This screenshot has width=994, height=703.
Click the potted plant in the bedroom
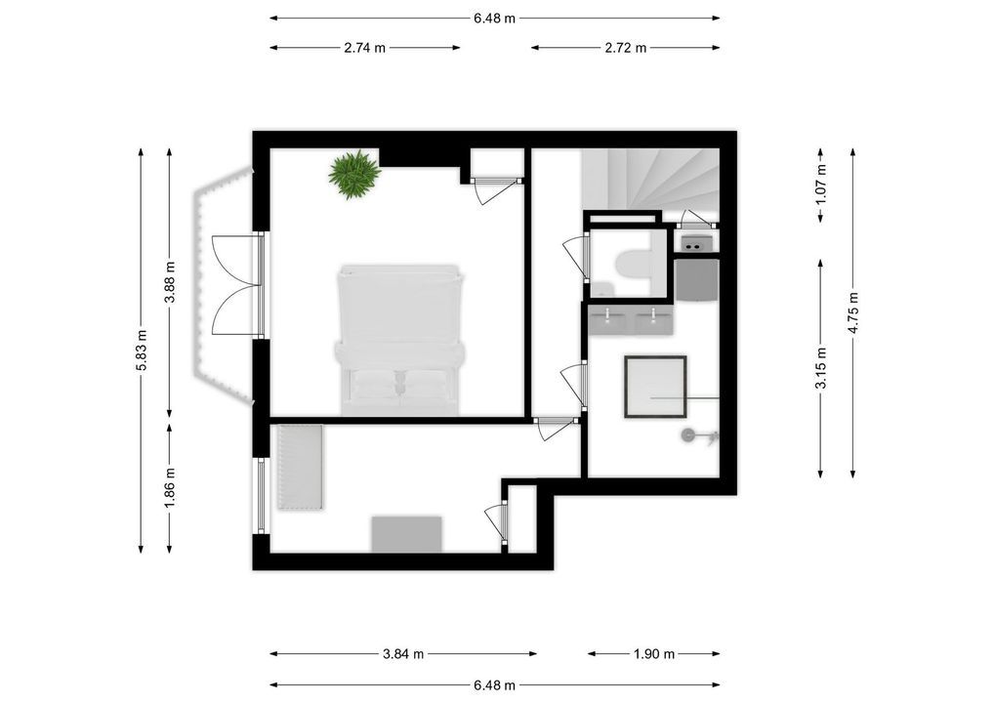353,174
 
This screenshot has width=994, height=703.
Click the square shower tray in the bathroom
654,387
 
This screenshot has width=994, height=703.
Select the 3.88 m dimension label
170,283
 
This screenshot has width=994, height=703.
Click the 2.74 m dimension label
365,47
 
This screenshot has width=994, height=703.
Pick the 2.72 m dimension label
626,47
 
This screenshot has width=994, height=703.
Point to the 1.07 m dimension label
821,183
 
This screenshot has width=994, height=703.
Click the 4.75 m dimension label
853,312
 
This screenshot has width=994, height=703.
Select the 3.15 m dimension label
821,368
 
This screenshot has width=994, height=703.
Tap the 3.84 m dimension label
403,654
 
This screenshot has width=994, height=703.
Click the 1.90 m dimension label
654,654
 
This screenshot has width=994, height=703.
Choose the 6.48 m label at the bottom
494,685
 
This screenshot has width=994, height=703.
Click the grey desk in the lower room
406,534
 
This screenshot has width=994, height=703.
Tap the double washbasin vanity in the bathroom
631,319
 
